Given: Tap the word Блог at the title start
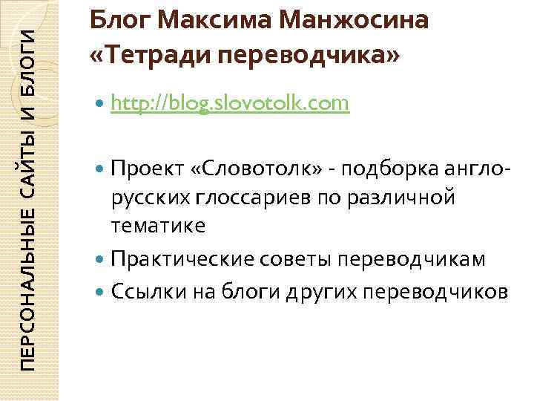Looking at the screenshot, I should point(116,20).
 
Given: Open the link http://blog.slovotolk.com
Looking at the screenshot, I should point(229,104).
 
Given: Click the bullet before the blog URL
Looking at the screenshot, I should point(100,105).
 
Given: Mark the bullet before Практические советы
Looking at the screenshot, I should point(100,260).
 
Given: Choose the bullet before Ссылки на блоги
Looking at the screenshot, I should point(100,292).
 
